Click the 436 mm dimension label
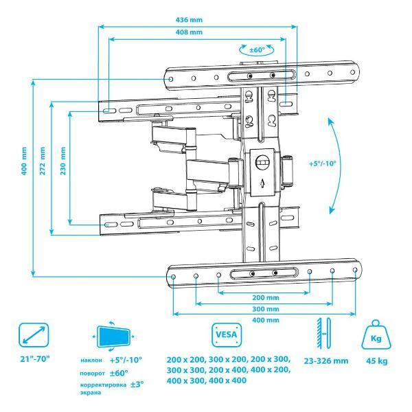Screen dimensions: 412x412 pos(189,20)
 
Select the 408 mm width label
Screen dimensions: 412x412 pos(189,32)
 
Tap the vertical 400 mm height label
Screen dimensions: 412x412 pos(24,161)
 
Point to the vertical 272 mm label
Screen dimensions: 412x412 pos(43,161)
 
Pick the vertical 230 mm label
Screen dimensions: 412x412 pos(63,161)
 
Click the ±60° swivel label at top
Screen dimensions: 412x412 pos(257,49)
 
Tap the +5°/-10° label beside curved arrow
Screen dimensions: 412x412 pos(323,163)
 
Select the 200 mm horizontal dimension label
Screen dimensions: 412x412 pos(266,297)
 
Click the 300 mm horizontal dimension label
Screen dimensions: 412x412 pos(266,309)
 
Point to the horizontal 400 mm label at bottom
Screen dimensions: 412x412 pos(266,320)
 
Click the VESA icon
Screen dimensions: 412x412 pos(227,335)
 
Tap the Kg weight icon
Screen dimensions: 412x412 pos(376,334)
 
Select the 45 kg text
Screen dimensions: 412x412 pos(377,361)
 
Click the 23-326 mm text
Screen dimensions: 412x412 pos(326,361)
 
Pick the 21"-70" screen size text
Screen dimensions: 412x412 pos(35,359)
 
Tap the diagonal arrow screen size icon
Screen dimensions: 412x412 pos(34,335)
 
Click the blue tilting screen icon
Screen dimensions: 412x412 pos(113,336)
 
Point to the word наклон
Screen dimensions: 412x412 pos(91,360)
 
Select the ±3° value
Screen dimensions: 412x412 pos(137,385)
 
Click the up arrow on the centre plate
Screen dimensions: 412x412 pos(262,183)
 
